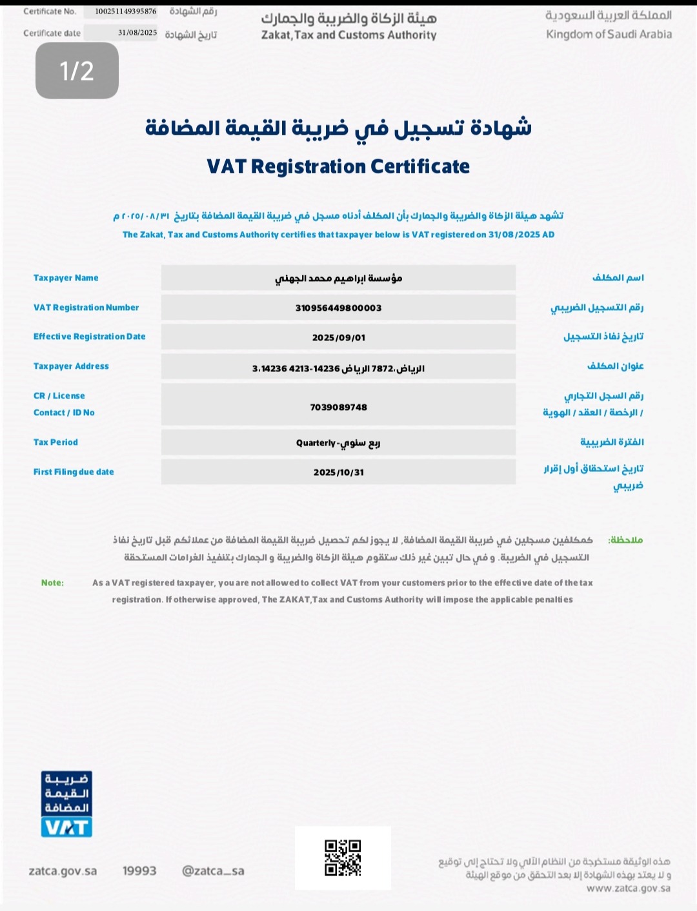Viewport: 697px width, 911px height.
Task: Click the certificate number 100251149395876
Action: (x=125, y=11)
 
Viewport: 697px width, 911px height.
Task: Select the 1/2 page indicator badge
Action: (x=77, y=71)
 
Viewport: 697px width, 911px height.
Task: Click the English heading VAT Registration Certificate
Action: (x=338, y=166)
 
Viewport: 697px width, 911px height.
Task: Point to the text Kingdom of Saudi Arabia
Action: (x=609, y=34)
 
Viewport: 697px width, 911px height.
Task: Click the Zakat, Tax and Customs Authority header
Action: (x=348, y=35)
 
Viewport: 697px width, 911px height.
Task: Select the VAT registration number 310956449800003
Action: (x=338, y=308)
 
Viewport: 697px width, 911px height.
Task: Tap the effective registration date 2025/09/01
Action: (x=338, y=337)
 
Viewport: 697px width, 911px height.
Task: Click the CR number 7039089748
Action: (x=338, y=407)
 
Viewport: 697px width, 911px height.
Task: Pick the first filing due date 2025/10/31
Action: (x=338, y=472)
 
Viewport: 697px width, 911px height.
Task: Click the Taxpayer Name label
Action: (x=66, y=278)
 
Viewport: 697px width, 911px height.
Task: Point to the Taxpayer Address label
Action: (x=71, y=366)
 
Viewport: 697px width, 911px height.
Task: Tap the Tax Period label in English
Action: (x=56, y=442)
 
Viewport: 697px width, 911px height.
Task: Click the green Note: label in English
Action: (x=52, y=583)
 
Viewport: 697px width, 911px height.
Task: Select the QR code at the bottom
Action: (x=343, y=857)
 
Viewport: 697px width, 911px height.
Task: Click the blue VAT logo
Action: (x=66, y=804)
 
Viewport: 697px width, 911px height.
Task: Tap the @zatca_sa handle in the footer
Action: (x=213, y=871)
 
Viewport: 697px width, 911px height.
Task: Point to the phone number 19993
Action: (x=139, y=871)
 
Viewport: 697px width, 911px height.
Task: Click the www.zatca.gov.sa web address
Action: (x=628, y=888)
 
